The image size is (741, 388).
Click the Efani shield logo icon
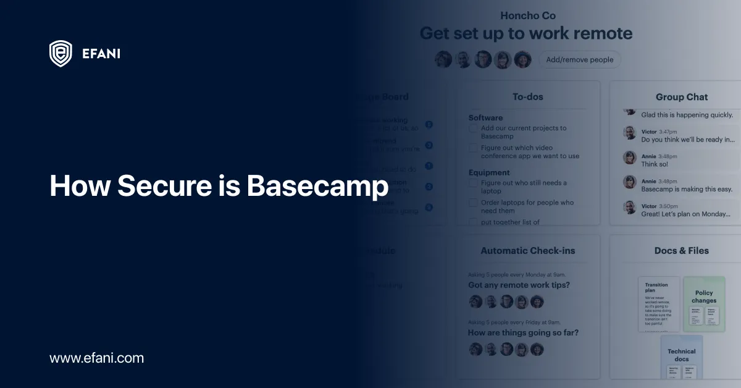[61, 54]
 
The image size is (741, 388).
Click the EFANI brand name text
[101, 54]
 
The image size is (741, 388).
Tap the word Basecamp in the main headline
[317, 186]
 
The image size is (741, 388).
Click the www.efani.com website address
[96, 358]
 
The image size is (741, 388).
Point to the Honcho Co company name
[527, 15]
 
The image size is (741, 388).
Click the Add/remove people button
[580, 59]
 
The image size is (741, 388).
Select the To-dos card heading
[527, 96]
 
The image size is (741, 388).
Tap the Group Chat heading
[681, 97]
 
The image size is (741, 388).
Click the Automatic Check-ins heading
[527, 250]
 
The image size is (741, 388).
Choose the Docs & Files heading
[681, 250]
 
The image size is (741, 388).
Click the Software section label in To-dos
[485, 117]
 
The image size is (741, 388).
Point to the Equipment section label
[489, 172]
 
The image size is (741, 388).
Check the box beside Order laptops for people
[473, 203]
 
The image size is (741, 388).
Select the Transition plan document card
[658, 304]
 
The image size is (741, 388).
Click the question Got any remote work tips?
[519, 285]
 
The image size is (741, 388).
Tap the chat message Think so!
[655, 164]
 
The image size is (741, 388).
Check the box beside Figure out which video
[473, 148]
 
